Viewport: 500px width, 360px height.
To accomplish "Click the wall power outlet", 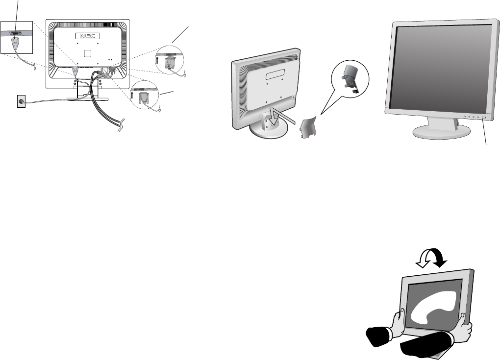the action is point(21,102).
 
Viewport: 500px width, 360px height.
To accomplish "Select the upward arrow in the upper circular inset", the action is point(157,60).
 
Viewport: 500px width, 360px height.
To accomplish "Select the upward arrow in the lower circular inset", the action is point(133,96).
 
